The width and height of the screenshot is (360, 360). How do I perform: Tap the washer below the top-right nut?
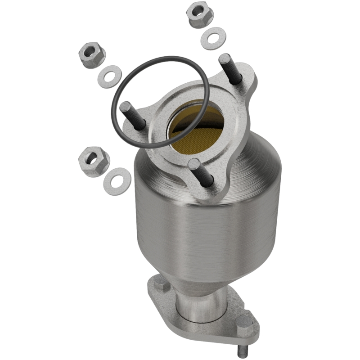click(x=213, y=39)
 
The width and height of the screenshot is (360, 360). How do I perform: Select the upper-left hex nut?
click(x=91, y=54)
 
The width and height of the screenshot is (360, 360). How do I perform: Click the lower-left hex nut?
click(x=94, y=161)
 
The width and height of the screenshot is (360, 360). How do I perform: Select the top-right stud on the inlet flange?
click(x=229, y=67)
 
